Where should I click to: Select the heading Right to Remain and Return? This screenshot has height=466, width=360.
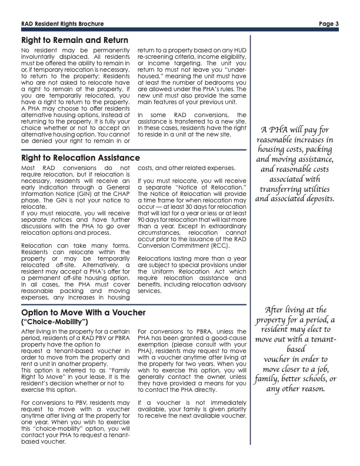(74, 40)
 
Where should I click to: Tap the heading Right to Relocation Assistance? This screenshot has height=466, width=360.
(80, 158)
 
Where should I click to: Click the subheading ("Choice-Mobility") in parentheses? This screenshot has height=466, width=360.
(54, 322)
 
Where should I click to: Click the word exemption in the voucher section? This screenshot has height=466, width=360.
(154, 345)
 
